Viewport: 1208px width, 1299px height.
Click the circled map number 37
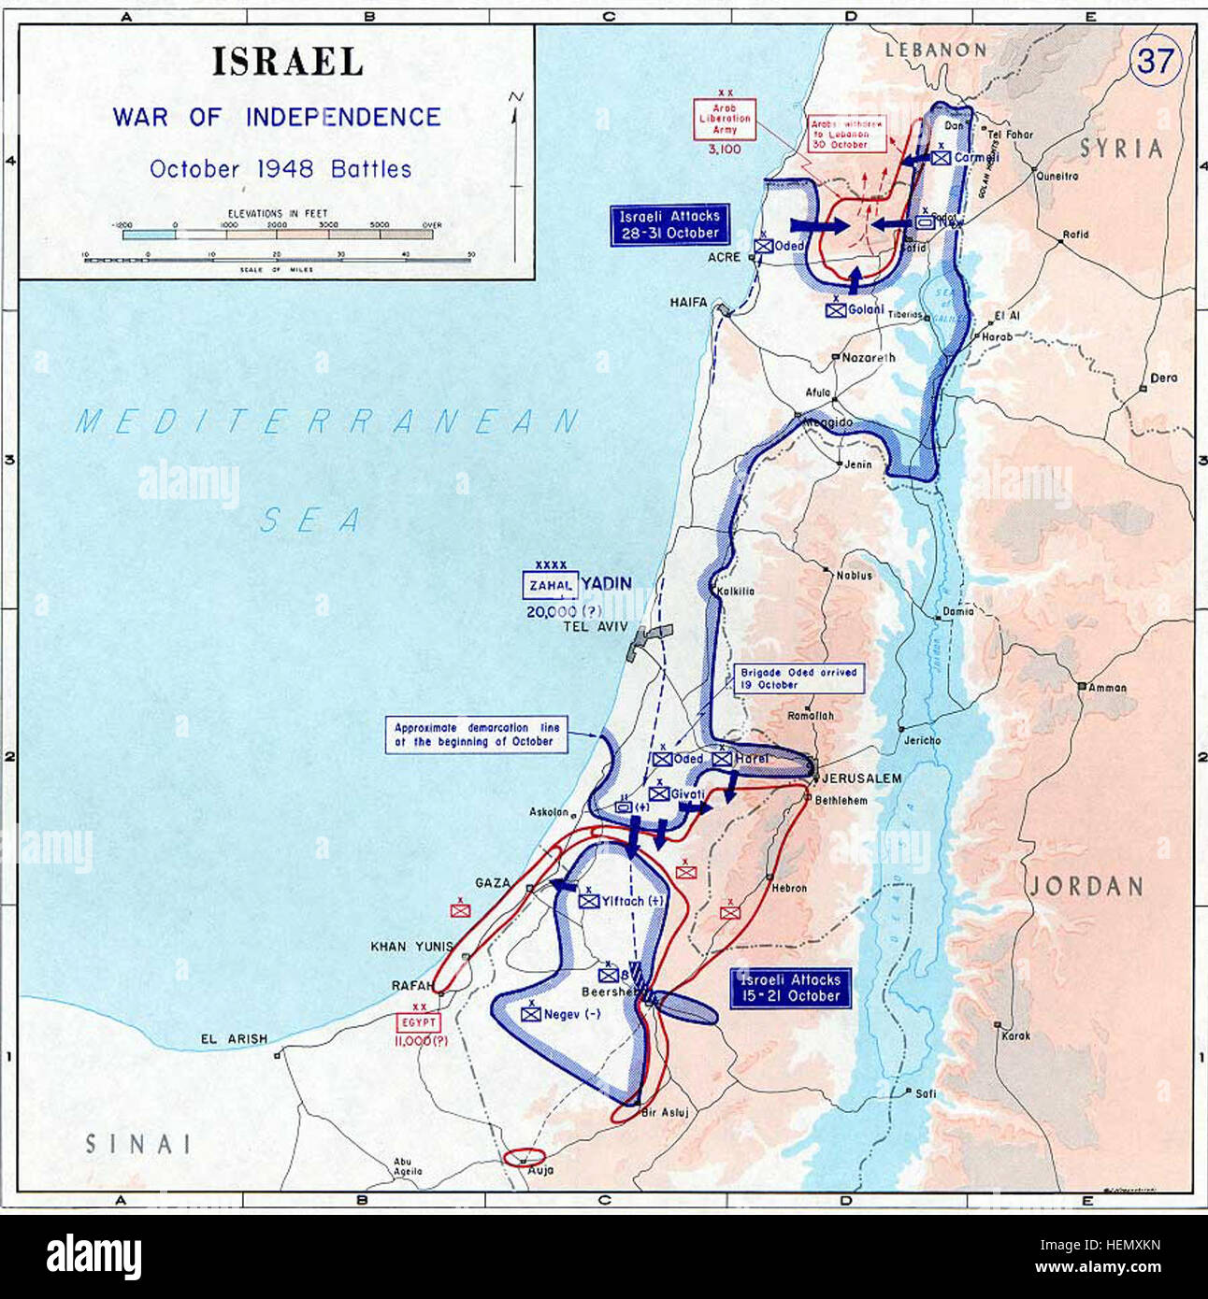pos(1156,62)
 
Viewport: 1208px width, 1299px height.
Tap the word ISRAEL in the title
pos(287,63)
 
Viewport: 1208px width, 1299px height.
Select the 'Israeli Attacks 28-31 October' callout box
pos(669,225)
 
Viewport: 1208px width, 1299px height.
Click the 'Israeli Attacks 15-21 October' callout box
pos(791,988)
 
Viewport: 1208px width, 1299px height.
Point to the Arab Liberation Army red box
pos(725,120)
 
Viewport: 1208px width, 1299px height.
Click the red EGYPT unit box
pos(420,1023)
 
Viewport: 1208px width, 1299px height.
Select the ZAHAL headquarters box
pos(551,585)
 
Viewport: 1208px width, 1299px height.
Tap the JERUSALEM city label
pos(862,778)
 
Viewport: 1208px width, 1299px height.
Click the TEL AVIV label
pos(595,626)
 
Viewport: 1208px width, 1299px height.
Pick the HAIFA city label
pos(688,303)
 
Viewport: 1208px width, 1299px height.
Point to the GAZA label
pos(493,882)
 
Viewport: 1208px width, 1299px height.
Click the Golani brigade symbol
pos(836,310)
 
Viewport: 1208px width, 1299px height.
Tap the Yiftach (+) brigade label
pos(632,901)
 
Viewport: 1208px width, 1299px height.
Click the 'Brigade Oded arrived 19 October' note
pos(798,678)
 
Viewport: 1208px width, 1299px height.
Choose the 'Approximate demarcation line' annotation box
pos(477,735)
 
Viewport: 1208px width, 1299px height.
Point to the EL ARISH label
pos(233,1038)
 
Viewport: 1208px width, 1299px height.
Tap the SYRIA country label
pos(1121,149)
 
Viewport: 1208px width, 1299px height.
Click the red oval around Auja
pos(524,1157)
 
